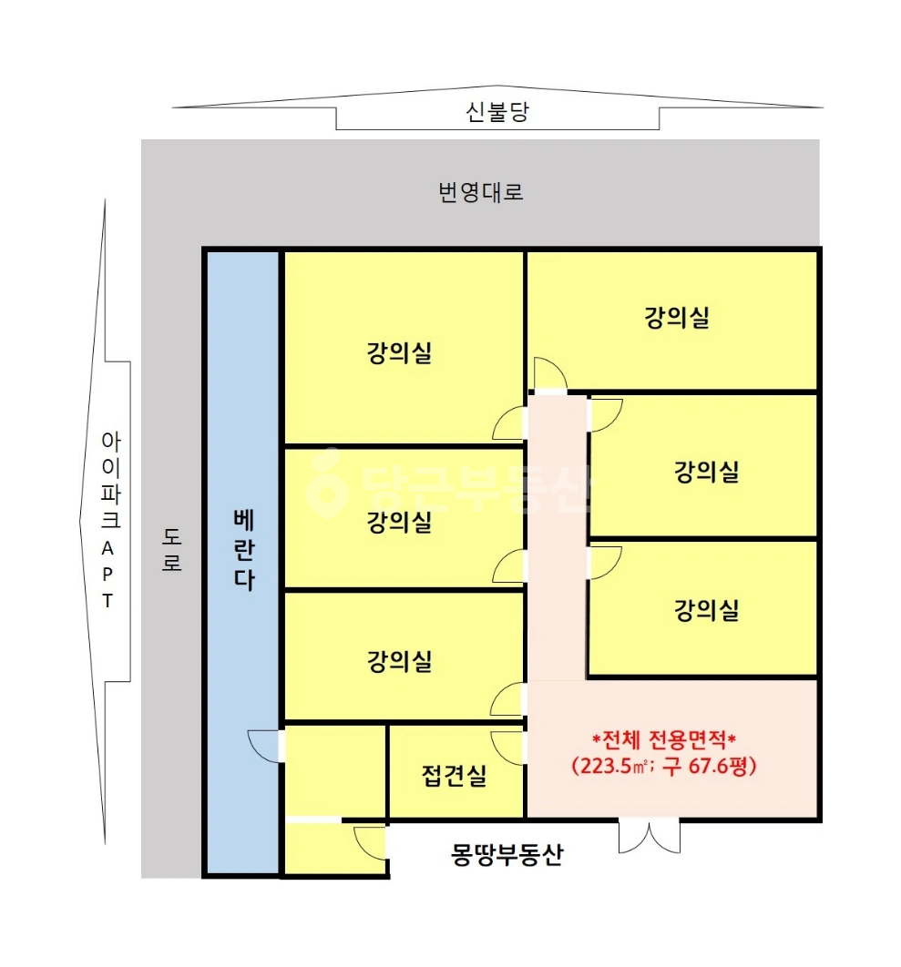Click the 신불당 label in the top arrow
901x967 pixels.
click(497, 112)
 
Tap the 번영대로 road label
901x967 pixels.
click(481, 192)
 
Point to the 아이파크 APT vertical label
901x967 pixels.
click(110, 520)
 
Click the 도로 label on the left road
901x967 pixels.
click(171, 549)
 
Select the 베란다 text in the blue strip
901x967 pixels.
click(244, 550)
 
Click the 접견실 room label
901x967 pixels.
click(455, 775)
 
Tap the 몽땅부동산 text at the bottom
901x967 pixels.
click(507, 855)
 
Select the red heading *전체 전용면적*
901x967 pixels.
click(664, 738)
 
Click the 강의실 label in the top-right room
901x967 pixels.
click(677, 318)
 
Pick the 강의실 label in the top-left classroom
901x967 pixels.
click(399, 352)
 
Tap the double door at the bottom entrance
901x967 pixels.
click(650, 836)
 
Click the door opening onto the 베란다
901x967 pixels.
click(266, 746)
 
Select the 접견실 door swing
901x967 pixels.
click(507, 748)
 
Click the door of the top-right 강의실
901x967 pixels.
click(550, 374)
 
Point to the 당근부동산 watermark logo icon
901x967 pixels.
click(325, 483)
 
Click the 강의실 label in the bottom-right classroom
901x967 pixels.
click(706, 610)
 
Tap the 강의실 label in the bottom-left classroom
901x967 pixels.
click(399, 661)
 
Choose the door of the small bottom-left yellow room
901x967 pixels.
click(370, 842)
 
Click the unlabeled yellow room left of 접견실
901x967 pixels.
click(335, 771)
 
